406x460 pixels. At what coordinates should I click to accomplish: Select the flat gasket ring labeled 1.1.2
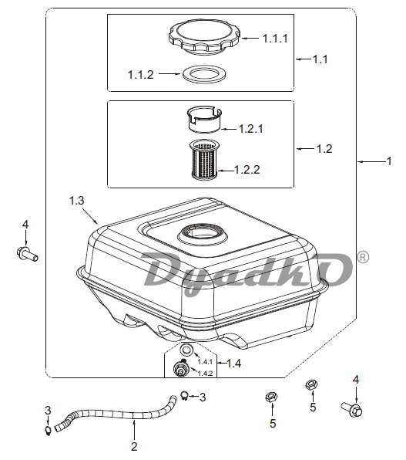point(204,73)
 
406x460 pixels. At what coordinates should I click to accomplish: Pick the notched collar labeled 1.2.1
point(204,120)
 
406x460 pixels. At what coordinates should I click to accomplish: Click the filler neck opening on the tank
point(202,234)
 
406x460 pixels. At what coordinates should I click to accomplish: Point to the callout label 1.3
point(77,201)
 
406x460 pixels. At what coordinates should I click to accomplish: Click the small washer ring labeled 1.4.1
point(186,350)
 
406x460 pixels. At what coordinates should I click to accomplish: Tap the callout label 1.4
point(233,364)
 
